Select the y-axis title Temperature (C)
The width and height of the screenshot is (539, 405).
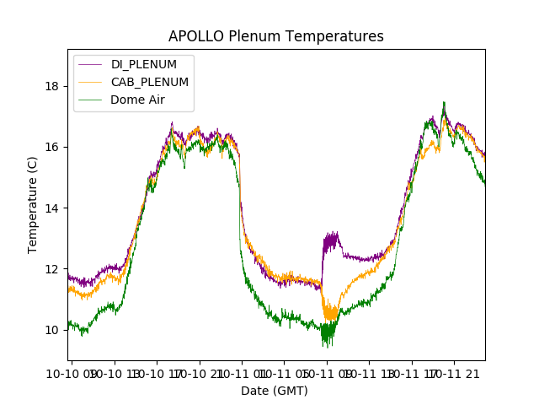point(33,205)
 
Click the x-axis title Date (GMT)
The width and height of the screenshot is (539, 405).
point(275,391)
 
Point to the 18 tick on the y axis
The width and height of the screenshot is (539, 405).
point(51,86)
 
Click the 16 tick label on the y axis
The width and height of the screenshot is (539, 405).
point(51,147)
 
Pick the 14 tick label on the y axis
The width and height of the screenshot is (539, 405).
point(51,208)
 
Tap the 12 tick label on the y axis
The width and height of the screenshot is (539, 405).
point(51,269)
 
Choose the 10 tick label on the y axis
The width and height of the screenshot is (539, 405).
point(51,330)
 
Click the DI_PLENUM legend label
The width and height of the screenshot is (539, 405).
point(144,65)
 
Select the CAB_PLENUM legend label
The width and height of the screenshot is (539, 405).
point(150,82)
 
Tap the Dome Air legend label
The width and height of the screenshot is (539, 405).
point(138,100)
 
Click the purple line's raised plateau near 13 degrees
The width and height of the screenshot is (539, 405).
point(331,241)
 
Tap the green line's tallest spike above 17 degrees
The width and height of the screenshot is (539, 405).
point(444,104)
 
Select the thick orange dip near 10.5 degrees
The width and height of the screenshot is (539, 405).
point(330,313)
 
